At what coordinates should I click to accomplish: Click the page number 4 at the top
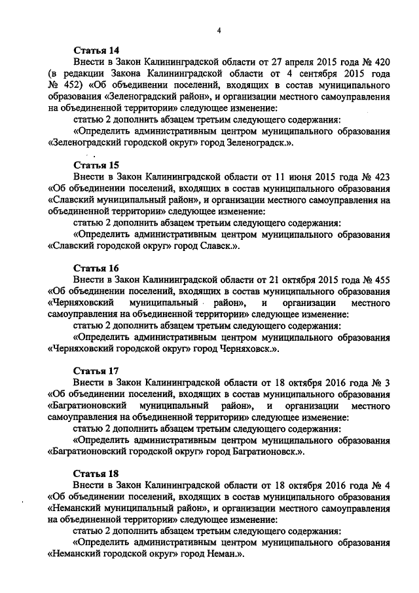click(219, 30)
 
